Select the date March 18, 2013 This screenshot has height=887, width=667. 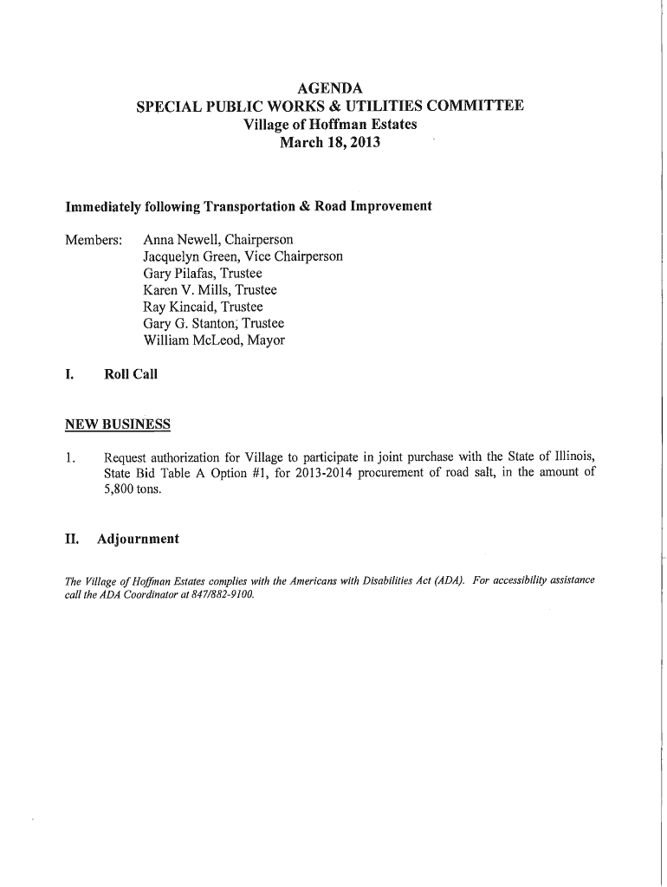[x=329, y=142]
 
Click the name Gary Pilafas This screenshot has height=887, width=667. [x=178, y=274]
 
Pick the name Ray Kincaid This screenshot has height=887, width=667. [x=178, y=307]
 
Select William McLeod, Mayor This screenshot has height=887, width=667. [x=214, y=340]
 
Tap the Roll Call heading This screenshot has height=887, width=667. [x=131, y=374]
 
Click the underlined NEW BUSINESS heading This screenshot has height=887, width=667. [x=118, y=424]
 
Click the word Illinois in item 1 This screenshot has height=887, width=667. [x=567, y=456]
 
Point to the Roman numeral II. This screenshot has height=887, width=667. [x=72, y=539]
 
